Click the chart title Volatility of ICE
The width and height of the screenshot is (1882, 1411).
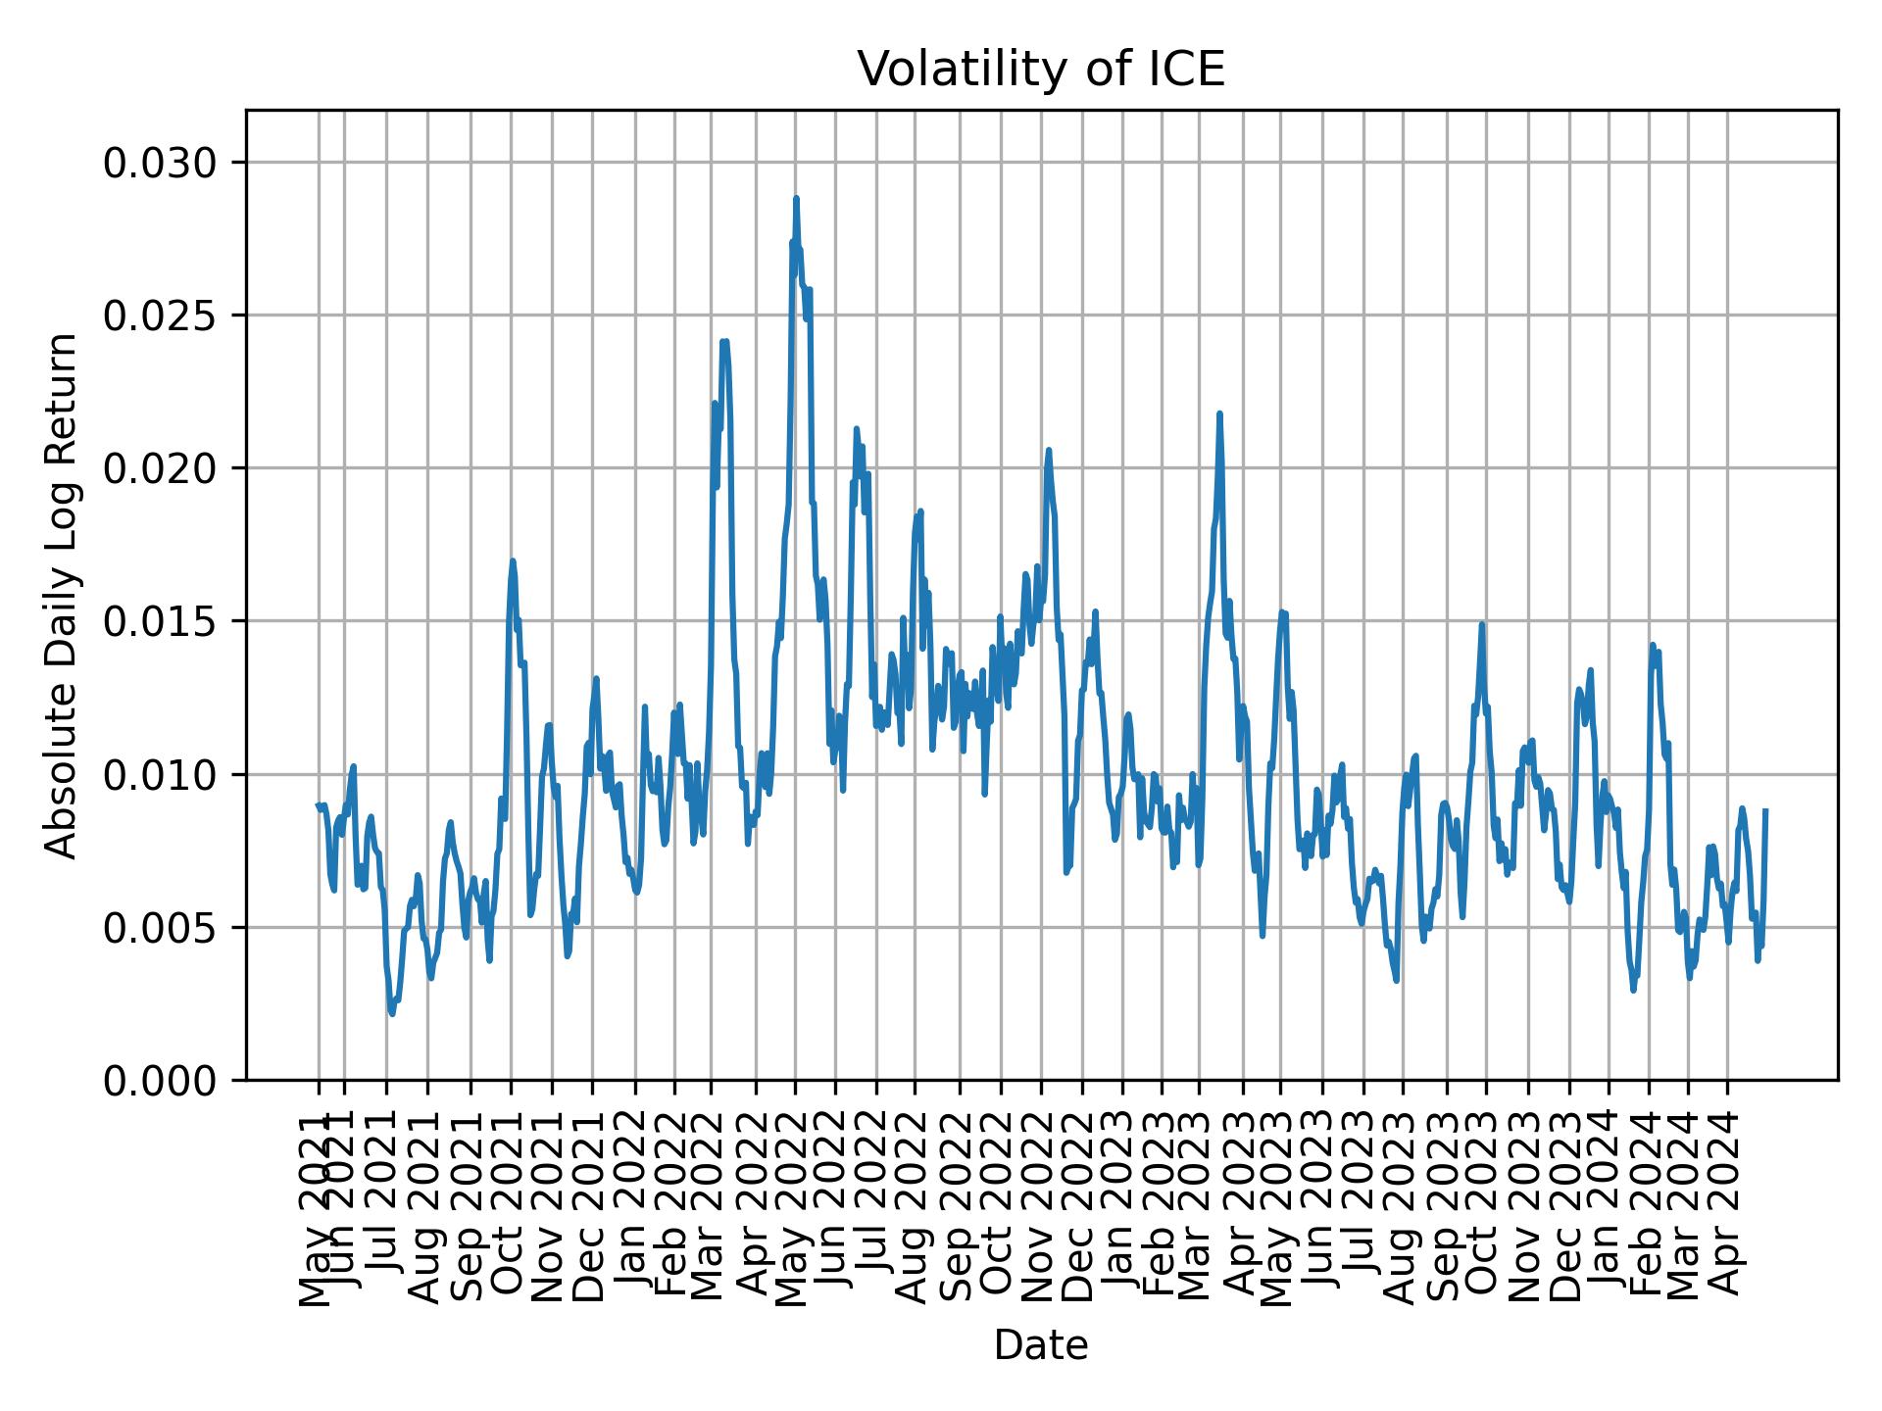1041,70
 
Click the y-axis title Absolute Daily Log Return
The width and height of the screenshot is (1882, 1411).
63,595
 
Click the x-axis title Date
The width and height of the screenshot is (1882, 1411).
1041,1346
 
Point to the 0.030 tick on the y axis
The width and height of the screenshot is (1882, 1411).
163,163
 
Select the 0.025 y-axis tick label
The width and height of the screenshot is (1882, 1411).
163,316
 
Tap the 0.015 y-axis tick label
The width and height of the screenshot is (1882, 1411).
163,621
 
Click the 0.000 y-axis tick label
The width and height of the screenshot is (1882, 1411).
163,1080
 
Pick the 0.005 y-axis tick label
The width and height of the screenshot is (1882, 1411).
163,927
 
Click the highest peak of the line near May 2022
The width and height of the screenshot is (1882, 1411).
796,198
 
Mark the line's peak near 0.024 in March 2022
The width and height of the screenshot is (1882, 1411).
723,341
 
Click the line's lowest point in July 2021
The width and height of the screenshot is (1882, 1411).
392,1013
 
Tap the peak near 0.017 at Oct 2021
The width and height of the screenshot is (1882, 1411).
512,561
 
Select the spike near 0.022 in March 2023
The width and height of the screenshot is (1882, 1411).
1219,414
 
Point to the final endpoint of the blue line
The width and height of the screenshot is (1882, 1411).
1765,810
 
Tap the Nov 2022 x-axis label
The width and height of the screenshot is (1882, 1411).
1041,1213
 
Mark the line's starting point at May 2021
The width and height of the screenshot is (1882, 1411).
318,804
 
